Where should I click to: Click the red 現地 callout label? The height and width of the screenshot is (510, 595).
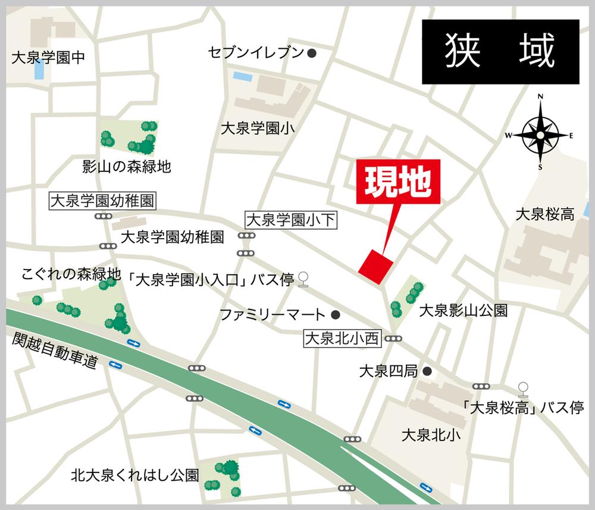[x=398, y=183]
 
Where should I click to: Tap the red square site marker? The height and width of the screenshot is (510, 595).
[x=376, y=266]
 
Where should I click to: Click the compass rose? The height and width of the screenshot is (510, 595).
[x=540, y=135]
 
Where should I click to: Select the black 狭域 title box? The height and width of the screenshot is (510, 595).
[x=500, y=51]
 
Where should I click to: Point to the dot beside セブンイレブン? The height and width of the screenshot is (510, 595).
[x=311, y=53]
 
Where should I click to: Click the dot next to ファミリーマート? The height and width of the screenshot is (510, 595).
[x=335, y=314]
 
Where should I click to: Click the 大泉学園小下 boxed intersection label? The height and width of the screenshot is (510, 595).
[x=292, y=221]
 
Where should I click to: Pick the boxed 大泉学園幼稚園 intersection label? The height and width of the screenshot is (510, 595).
[x=102, y=201]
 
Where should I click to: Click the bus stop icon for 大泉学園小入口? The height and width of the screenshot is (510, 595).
[x=303, y=279]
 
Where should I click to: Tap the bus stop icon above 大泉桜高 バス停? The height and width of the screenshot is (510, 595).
[x=523, y=389]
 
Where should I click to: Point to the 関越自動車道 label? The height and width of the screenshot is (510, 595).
[x=55, y=352]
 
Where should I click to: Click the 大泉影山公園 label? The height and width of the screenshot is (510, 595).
[x=464, y=310]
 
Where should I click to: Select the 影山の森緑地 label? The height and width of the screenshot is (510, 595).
[x=126, y=167]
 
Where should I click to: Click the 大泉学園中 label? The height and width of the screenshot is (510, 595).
[x=49, y=58]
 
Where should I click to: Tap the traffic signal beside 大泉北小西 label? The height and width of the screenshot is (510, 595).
[x=393, y=339]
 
